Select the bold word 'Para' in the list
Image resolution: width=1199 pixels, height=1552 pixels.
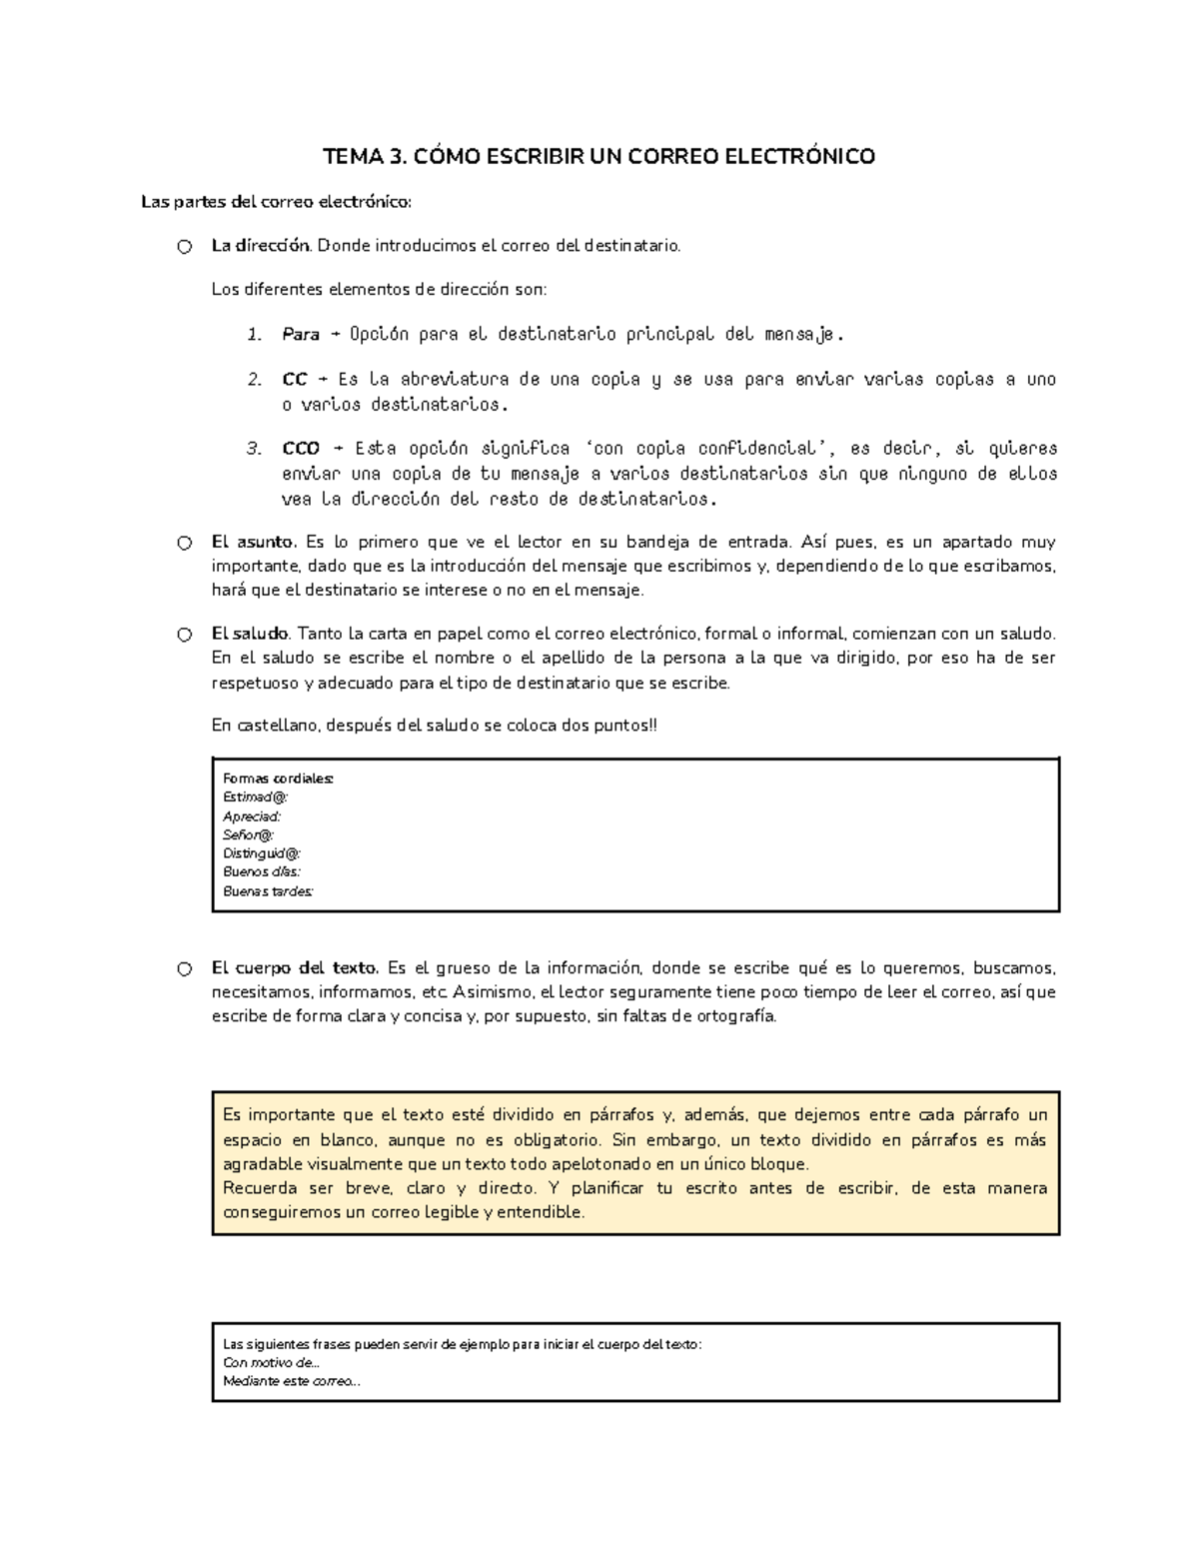click(301, 335)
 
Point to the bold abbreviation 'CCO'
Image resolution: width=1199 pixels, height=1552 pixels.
click(301, 448)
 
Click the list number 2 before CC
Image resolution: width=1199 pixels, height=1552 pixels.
click(254, 380)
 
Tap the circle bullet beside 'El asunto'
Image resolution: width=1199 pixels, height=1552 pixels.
click(184, 544)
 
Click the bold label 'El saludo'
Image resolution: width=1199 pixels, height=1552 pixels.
click(250, 634)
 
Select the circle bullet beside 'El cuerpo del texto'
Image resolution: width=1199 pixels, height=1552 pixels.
click(184, 969)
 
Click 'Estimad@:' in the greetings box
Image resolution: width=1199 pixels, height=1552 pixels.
click(256, 797)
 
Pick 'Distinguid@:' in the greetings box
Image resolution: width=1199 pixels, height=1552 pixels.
click(262, 853)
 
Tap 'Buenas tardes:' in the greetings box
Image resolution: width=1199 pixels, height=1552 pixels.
click(268, 891)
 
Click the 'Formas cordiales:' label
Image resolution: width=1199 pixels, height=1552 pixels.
click(279, 778)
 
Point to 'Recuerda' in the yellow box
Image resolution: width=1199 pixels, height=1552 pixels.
click(260, 1188)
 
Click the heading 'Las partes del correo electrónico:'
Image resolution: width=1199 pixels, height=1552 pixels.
click(276, 203)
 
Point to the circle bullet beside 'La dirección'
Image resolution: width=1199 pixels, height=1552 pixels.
click(184, 247)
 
